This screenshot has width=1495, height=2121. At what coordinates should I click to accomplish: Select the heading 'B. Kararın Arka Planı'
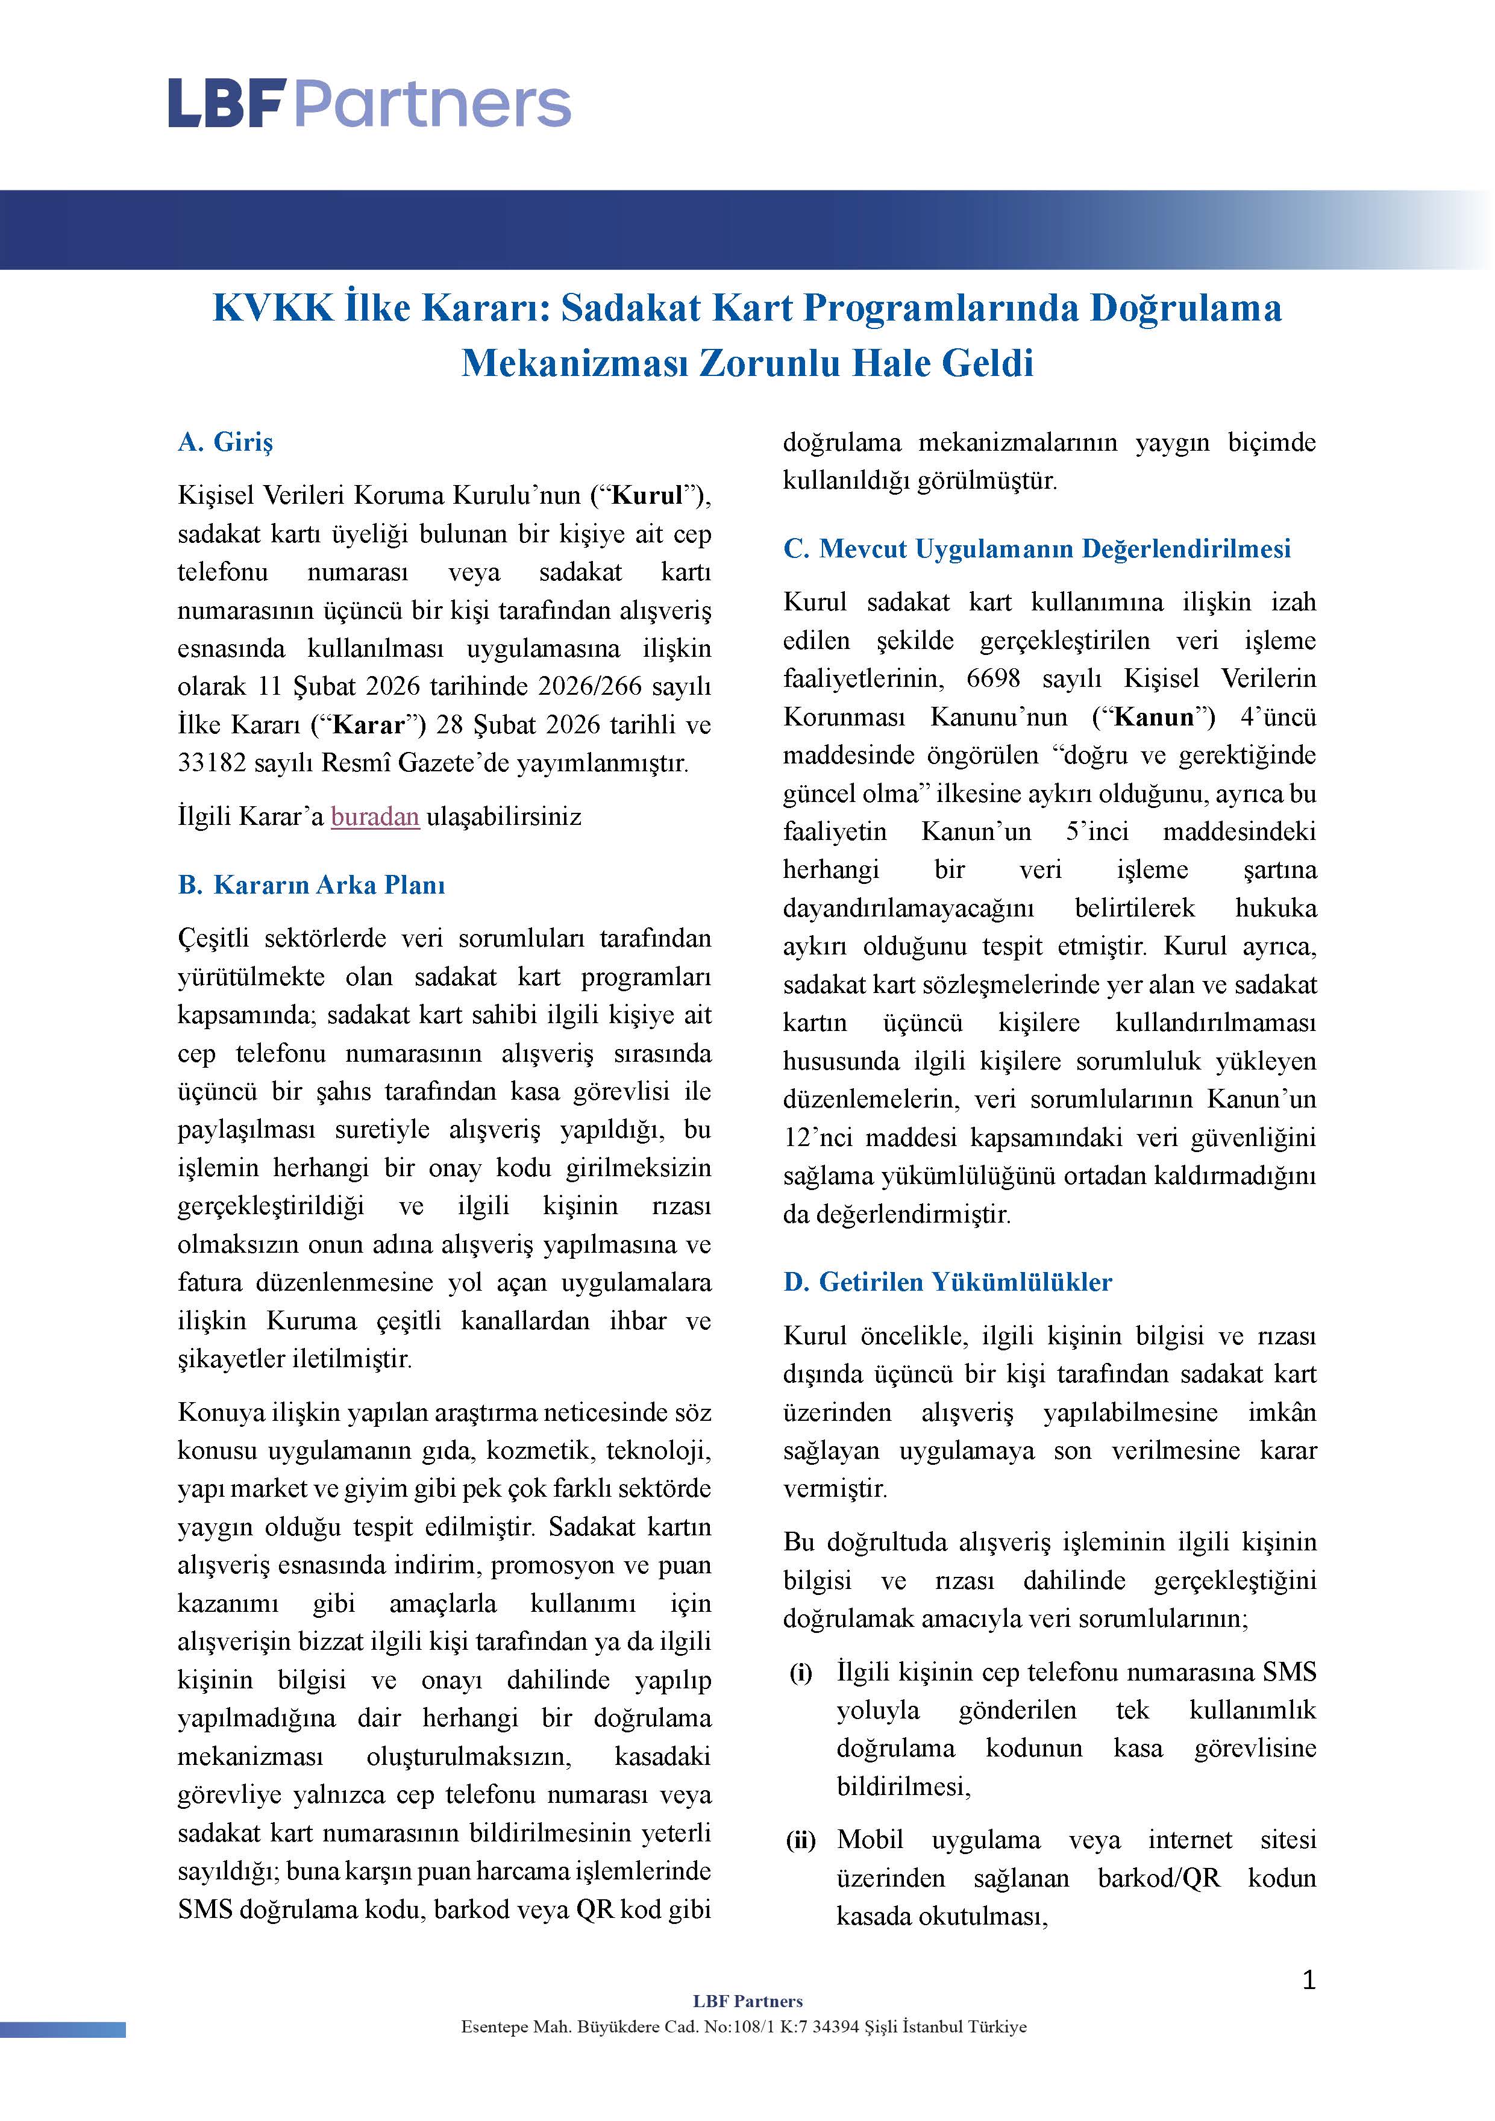(x=312, y=885)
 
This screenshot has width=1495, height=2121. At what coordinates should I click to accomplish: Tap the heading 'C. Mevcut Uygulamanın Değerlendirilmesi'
(x=1036, y=549)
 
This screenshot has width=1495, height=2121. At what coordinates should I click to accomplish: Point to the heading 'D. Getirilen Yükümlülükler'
(x=947, y=1282)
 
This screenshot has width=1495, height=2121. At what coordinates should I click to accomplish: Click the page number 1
(x=1308, y=1979)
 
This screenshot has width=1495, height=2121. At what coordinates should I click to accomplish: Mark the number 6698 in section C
(x=992, y=679)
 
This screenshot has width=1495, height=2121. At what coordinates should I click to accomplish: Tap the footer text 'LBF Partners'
(x=747, y=2001)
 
